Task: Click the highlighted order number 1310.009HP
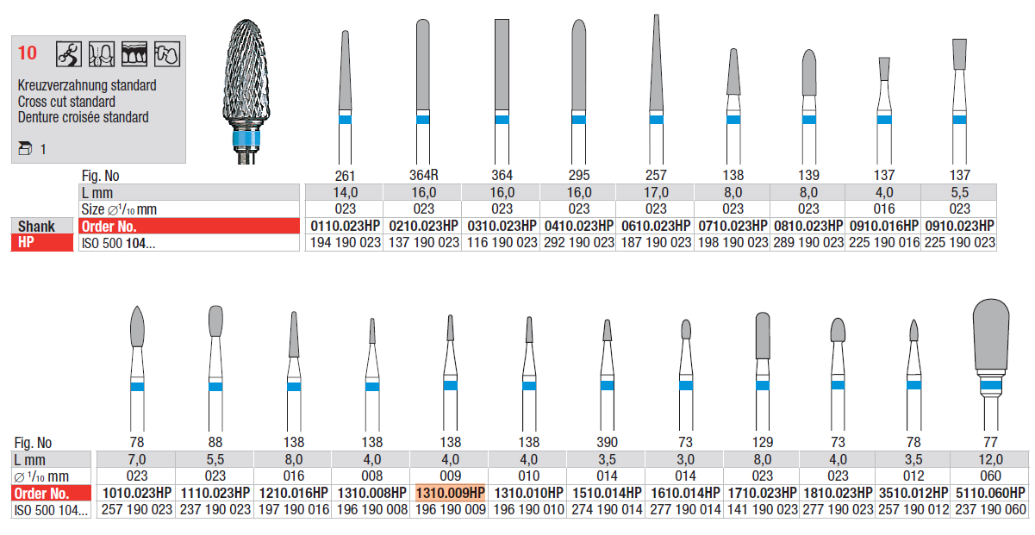point(451,493)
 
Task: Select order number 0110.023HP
point(346,226)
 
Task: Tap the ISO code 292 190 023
point(579,243)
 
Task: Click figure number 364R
point(424,175)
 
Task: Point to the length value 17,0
point(656,192)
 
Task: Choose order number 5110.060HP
point(991,493)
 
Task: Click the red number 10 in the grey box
point(28,53)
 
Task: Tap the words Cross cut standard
point(66,102)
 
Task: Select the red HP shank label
point(42,243)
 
